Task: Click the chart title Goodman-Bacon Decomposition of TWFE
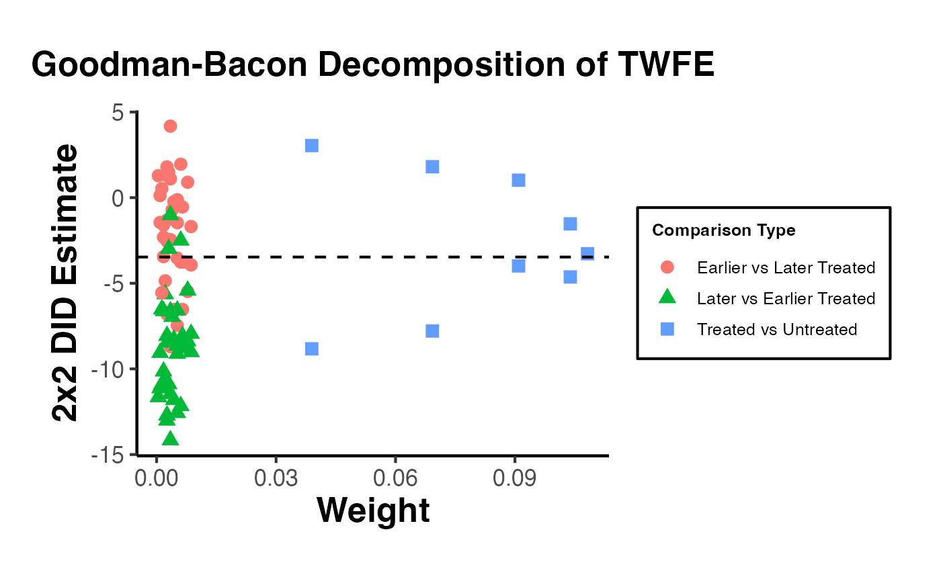tap(372, 66)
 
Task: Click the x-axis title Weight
tap(373, 510)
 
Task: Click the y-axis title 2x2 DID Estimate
tap(66, 283)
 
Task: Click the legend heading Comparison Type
tap(724, 231)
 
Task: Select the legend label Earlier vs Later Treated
tap(786, 268)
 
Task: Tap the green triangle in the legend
tap(667, 298)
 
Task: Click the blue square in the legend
tap(667, 329)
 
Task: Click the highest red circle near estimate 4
tap(170, 126)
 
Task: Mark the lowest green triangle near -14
tap(170, 438)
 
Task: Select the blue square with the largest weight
tap(587, 254)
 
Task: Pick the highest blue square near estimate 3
tap(311, 146)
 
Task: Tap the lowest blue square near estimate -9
tap(311, 349)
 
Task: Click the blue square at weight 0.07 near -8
tap(432, 330)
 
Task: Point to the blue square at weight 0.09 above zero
tap(518, 180)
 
